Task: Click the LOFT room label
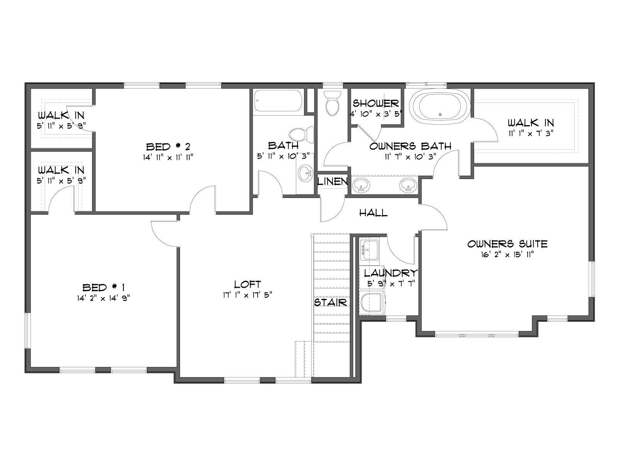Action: [x=248, y=284]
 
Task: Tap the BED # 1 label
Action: [x=104, y=288]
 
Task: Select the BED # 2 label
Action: [x=168, y=147]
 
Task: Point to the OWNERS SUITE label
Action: [x=508, y=244]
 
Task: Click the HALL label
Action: [x=374, y=213]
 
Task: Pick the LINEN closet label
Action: [x=333, y=182]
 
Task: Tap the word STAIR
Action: [x=330, y=303]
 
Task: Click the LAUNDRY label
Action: [x=390, y=273]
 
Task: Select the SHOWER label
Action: [x=376, y=103]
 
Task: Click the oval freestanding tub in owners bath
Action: [x=440, y=107]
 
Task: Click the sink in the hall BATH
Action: [x=305, y=174]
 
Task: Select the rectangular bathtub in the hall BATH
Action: [x=278, y=101]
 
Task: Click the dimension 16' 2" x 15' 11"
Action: [x=508, y=255]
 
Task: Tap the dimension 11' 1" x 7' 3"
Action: [x=531, y=133]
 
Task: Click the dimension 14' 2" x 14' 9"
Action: [x=104, y=299]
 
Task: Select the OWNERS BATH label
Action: [x=410, y=146]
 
